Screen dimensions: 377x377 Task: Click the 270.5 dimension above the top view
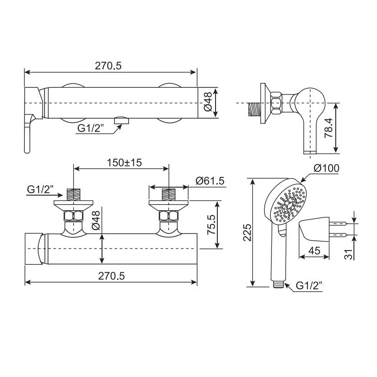pos(108,66)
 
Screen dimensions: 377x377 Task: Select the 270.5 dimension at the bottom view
pos(111,276)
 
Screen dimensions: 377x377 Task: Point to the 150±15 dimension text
pos(124,163)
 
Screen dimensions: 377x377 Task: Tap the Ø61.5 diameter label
pos(210,181)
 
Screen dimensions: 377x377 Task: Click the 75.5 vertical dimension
pos(211,224)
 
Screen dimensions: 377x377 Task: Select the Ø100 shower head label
pos(326,168)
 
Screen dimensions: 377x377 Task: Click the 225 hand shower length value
pos(247,232)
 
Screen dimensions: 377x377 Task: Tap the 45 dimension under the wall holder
pos(314,251)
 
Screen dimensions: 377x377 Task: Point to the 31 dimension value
pos(349,254)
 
